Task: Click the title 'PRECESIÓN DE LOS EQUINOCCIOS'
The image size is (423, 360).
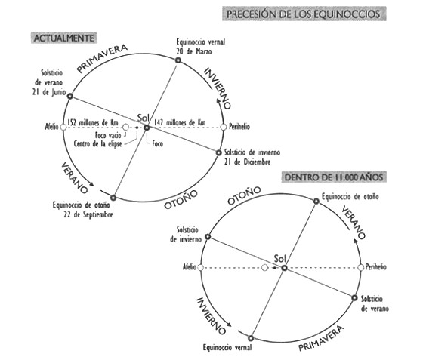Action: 304,14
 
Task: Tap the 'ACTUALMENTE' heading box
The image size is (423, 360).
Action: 63,38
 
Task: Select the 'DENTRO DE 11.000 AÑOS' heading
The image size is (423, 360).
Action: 334,177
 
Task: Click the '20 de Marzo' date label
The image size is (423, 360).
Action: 194,51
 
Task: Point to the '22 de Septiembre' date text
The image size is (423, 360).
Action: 88,215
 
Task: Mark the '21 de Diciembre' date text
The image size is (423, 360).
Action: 248,162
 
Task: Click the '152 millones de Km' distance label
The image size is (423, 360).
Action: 92,122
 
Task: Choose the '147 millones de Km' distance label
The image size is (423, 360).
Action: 180,122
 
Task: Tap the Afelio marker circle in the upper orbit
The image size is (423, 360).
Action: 63,128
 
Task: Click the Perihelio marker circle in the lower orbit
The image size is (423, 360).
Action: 361,268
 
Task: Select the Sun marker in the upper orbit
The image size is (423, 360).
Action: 147,128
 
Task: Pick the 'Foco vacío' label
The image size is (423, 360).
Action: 108,135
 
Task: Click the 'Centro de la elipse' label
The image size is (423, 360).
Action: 97,143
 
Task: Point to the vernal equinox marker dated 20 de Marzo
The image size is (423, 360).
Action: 178,60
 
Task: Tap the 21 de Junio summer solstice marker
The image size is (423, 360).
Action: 70,96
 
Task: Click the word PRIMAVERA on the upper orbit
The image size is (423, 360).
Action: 102,58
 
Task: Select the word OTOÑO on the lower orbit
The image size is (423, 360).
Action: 244,195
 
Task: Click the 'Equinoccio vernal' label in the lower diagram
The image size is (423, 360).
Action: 227,348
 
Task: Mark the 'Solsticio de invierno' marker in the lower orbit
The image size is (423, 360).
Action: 208,237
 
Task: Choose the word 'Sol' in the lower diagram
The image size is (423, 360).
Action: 279,259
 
